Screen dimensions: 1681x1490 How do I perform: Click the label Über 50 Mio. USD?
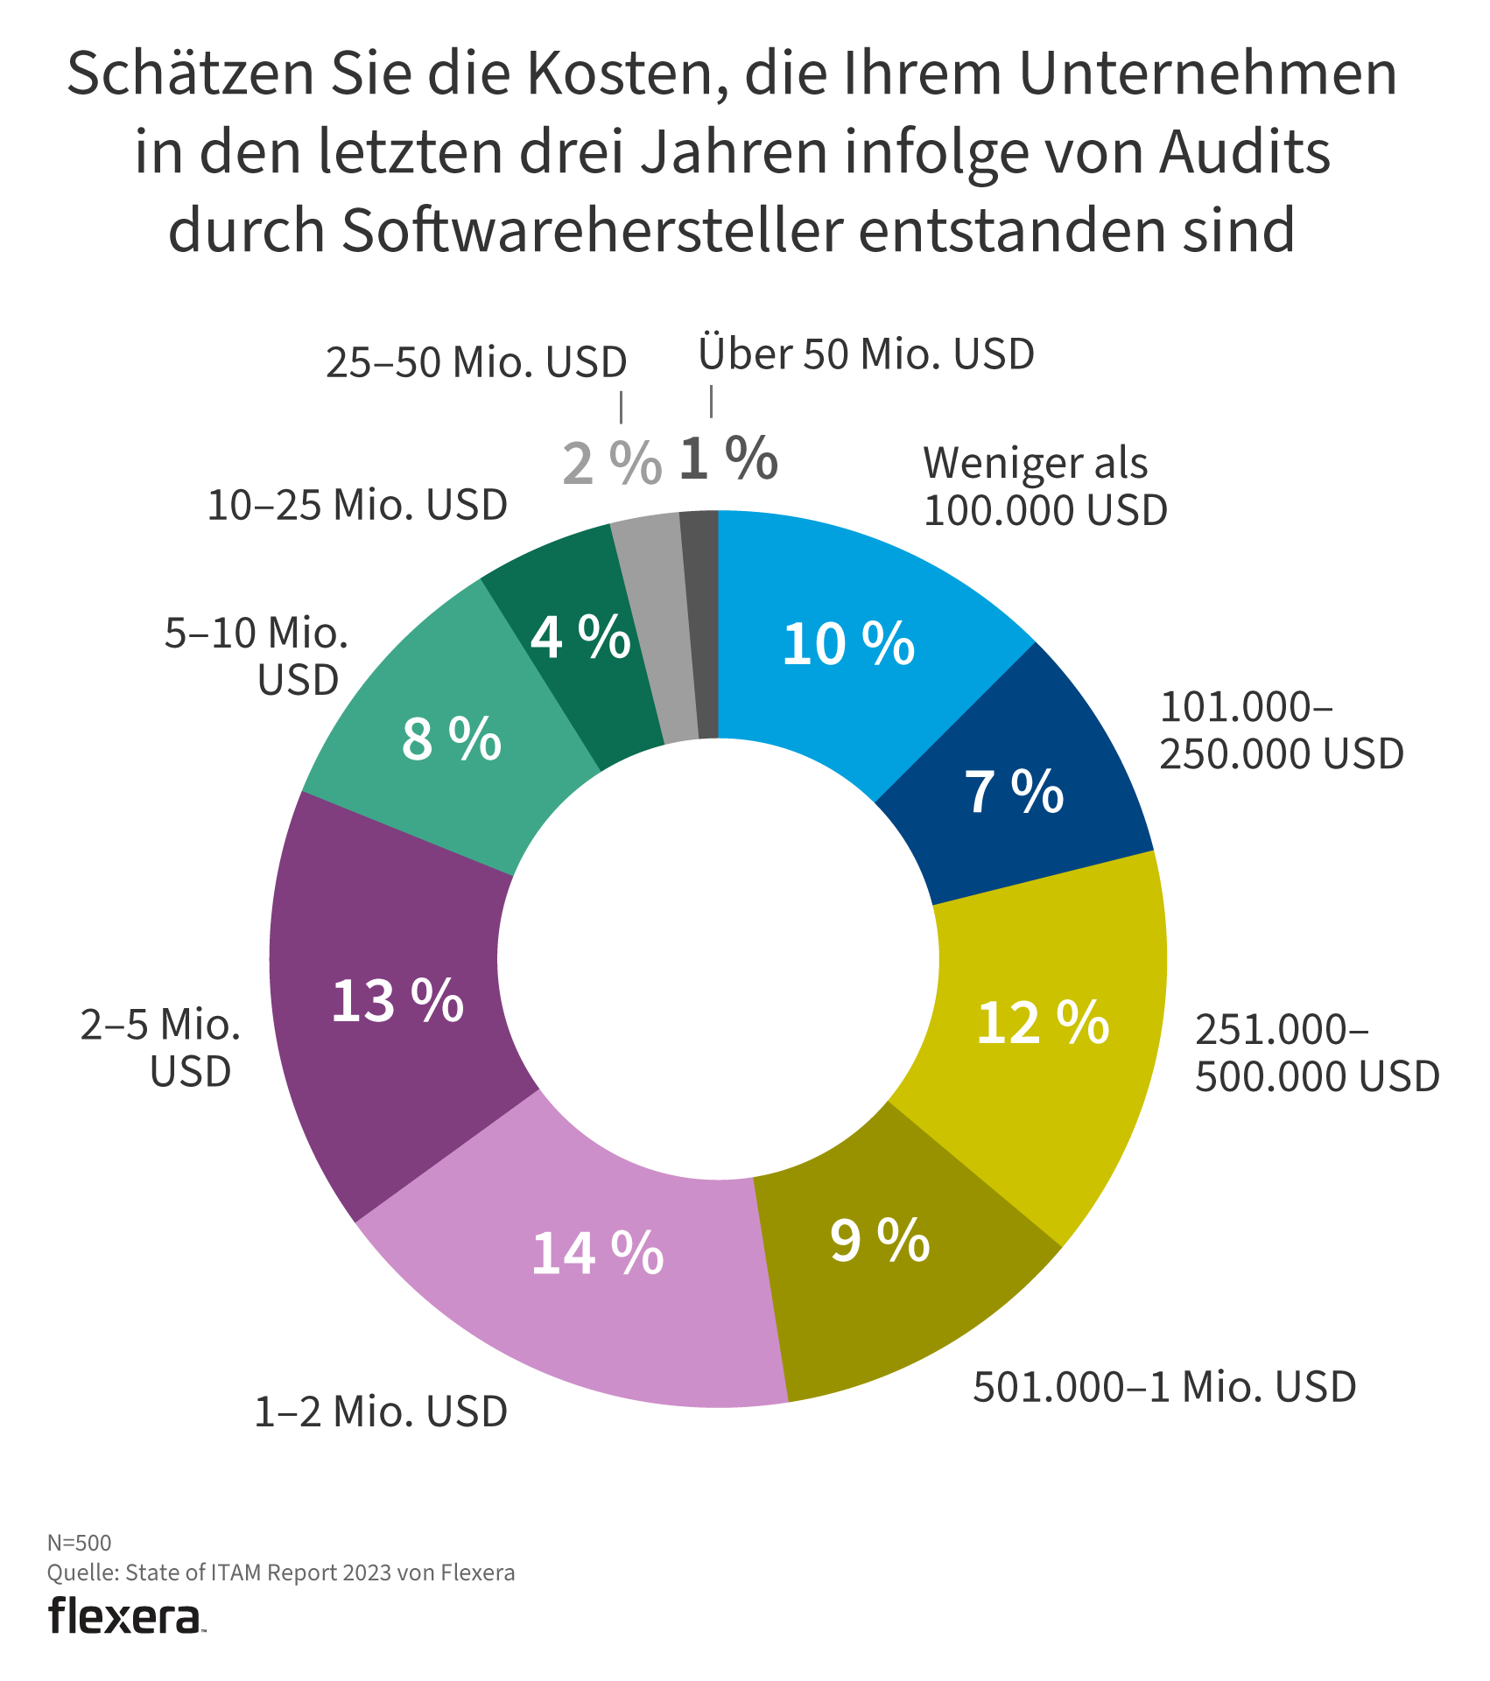coord(866,355)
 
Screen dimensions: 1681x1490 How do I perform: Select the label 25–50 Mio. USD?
coord(476,362)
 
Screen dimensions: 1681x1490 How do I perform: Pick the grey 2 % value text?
coord(611,464)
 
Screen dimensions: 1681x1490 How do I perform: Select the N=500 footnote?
coord(79,1542)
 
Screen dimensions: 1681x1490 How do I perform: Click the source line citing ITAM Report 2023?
coord(280,1572)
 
